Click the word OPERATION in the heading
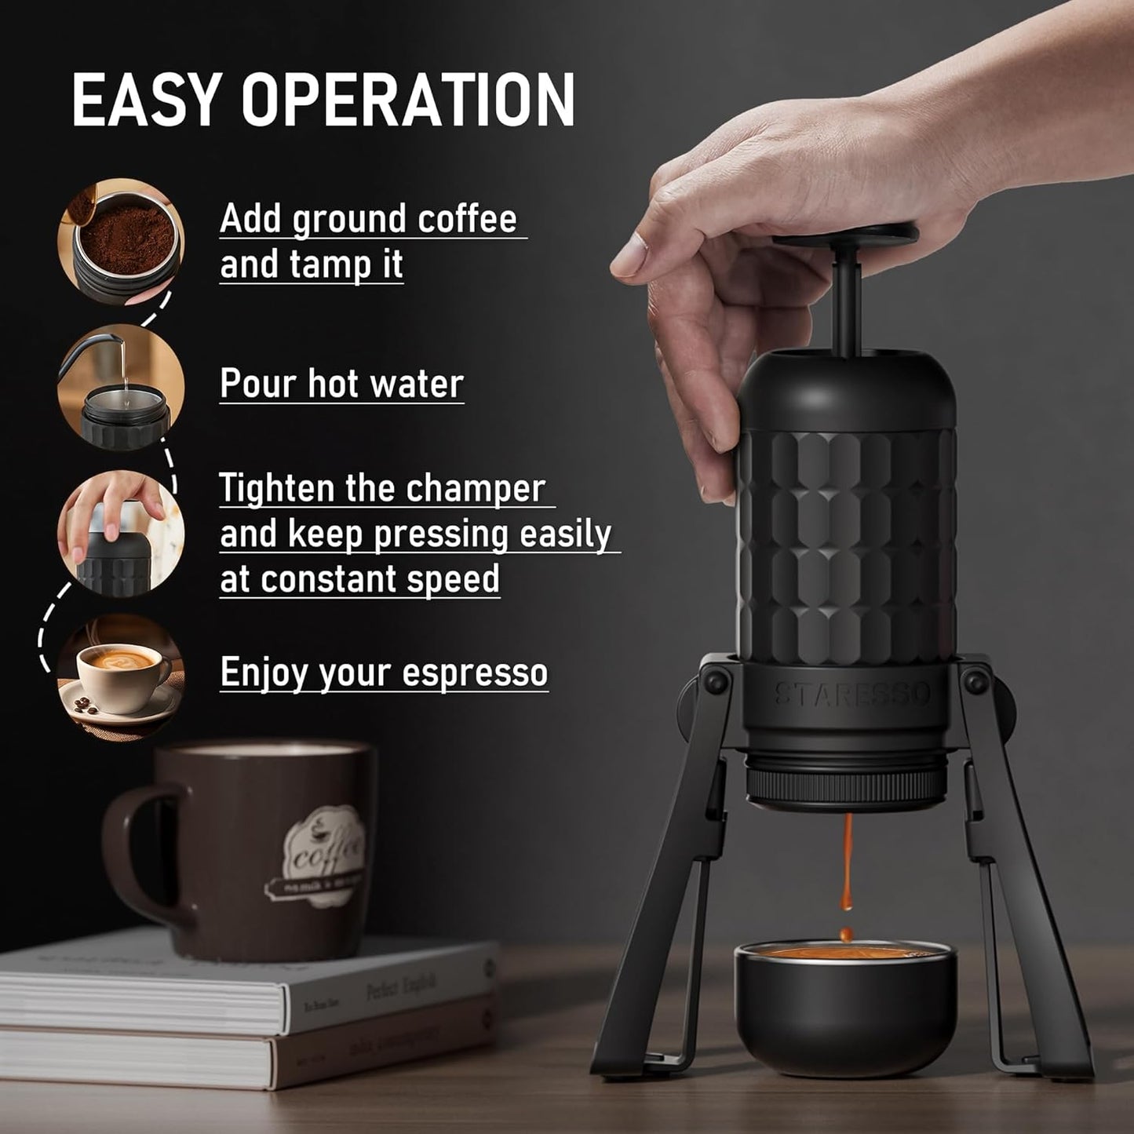click(408, 100)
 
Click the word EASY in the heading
click(144, 100)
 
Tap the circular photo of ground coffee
click(121, 242)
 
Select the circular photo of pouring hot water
click(121, 387)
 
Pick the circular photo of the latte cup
click(121, 676)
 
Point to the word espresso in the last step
click(475, 673)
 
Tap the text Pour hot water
click(341, 384)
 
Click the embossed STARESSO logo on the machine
click(852, 694)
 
